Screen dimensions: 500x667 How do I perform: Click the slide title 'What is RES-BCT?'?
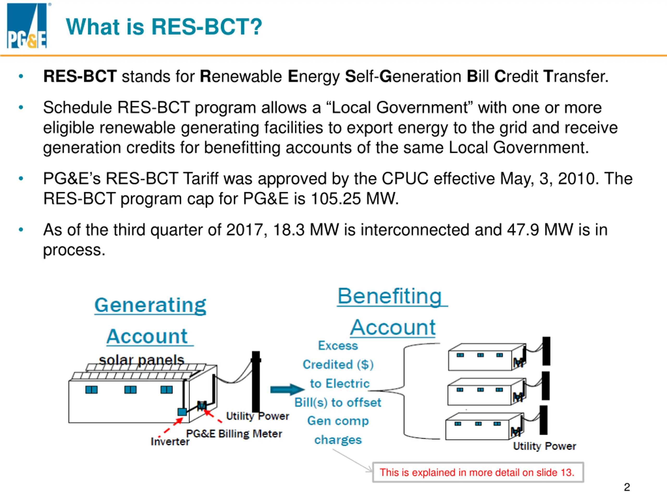pos(164,27)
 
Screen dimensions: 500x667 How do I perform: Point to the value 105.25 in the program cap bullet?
pos(335,199)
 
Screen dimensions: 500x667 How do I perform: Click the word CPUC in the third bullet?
pos(405,179)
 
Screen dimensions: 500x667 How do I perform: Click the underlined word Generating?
pos(150,305)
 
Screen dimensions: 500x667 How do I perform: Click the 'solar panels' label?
pos(141,360)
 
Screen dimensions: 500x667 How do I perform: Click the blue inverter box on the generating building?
pos(182,412)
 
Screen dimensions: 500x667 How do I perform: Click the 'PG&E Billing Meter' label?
pos(234,434)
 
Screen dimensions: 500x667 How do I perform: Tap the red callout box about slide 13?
pos(478,472)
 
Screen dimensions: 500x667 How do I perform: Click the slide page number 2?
pos(627,487)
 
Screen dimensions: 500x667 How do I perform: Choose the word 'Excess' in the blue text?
pos(338,346)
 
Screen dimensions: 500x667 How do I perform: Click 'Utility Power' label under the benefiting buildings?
pos(544,446)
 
